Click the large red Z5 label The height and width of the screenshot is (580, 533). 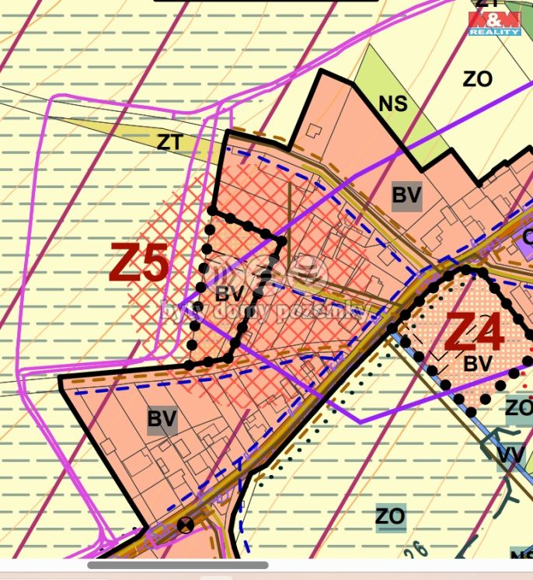click(140, 264)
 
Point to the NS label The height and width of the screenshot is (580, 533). click(393, 103)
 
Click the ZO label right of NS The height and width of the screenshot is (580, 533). click(477, 79)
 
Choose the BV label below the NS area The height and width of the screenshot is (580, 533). click(406, 196)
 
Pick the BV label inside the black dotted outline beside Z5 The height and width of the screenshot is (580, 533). click(229, 294)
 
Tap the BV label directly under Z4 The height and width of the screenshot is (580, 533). click(478, 363)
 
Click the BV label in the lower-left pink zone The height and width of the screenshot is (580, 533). click(162, 419)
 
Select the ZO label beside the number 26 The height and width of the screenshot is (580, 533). click(390, 515)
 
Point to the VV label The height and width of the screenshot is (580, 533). click(510, 456)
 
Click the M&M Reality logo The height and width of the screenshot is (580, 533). click(494, 23)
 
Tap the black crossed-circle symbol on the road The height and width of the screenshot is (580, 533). click(185, 524)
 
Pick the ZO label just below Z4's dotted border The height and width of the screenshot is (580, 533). click(518, 407)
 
